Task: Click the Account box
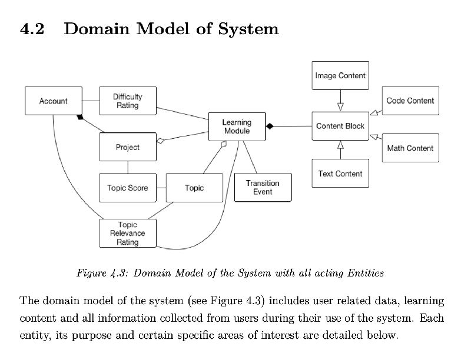pos(53,101)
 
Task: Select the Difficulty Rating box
pos(127,101)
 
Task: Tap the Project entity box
pos(127,147)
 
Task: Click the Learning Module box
pos(237,126)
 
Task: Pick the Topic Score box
pos(127,188)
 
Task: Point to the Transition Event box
pos(263,187)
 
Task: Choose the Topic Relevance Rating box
pos(127,234)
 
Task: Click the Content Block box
pos(340,126)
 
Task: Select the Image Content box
pos(340,75)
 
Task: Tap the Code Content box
pos(410,101)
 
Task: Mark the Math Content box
pos(410,148)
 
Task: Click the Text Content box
pos(340,174)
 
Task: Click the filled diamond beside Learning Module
pos(270,126)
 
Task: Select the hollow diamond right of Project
pos(160,140)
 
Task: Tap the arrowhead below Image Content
pos(340,107)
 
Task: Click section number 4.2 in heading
pos(32,28)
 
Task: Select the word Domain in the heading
pos(97,28)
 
